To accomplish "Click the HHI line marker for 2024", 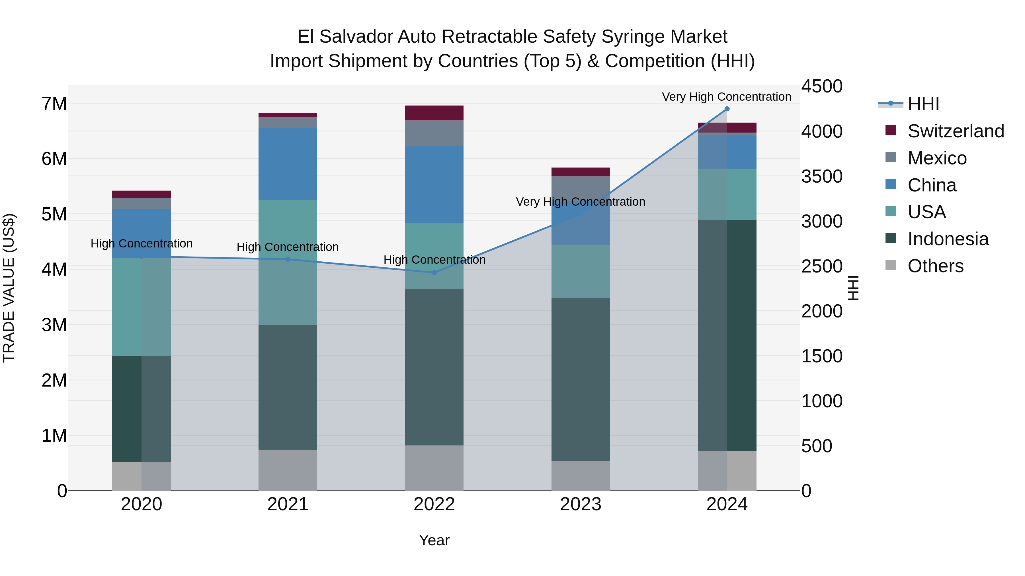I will (727, 109).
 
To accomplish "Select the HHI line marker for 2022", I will (434, 273).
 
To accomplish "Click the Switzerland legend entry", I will (955, 131).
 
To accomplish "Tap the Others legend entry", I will (935, 266).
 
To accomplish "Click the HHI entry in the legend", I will (923, 104).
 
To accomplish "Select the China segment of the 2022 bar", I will (434, 185).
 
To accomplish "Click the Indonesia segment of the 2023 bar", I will (581, 380).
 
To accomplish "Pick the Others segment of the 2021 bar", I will (288, 470).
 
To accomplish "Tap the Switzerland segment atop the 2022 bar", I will (434, 113).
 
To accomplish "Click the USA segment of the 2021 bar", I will (288, 262).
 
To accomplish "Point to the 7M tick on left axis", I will (54, 104).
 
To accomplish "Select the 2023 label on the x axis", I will (581, 504).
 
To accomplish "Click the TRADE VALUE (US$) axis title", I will (9, 288).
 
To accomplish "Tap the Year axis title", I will (434, 540).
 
